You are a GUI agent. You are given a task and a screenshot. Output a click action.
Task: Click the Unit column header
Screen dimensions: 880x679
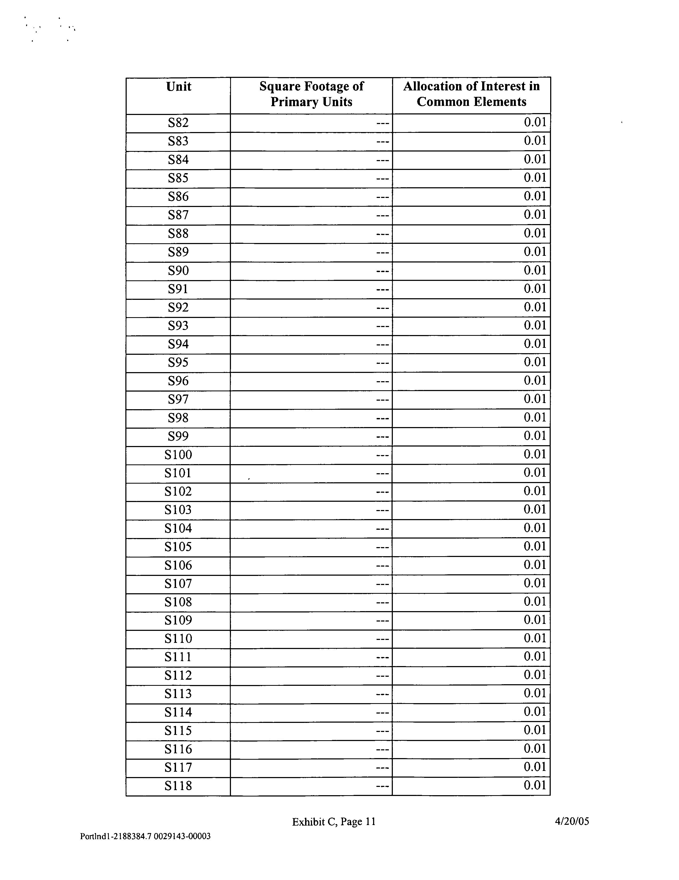[x=178, y=87]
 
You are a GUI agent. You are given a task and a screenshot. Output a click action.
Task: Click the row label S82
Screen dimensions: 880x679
[x=178, y=122]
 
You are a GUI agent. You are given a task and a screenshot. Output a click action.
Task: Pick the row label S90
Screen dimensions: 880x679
[x=178, y=270]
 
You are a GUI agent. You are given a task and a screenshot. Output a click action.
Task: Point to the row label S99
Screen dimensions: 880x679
[x=178, y=436]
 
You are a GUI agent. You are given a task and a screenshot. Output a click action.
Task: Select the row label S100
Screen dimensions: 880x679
[x=178, y=455]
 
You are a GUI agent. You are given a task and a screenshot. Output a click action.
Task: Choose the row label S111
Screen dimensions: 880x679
[x=178, y=657]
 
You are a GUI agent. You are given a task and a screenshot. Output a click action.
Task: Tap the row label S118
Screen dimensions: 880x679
[x=178, y=786]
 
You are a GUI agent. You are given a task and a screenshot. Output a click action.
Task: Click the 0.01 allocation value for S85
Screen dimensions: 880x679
[x=535, y=178]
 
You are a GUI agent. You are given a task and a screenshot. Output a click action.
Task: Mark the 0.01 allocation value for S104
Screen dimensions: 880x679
[x=535, y=528]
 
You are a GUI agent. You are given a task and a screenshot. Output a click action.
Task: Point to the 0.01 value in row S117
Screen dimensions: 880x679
[x=535, y=767]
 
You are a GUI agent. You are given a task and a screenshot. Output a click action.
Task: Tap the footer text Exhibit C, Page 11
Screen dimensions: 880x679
[x=334, y=822]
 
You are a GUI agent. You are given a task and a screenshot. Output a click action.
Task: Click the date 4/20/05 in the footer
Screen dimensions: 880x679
[x=572, y=821]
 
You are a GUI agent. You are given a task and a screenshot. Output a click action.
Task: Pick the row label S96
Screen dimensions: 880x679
[x=178, y=381]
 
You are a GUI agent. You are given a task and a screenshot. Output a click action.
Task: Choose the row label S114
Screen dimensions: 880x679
[x=178, y=712]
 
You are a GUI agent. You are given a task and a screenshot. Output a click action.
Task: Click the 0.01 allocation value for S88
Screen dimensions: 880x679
[x=535, y=233]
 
